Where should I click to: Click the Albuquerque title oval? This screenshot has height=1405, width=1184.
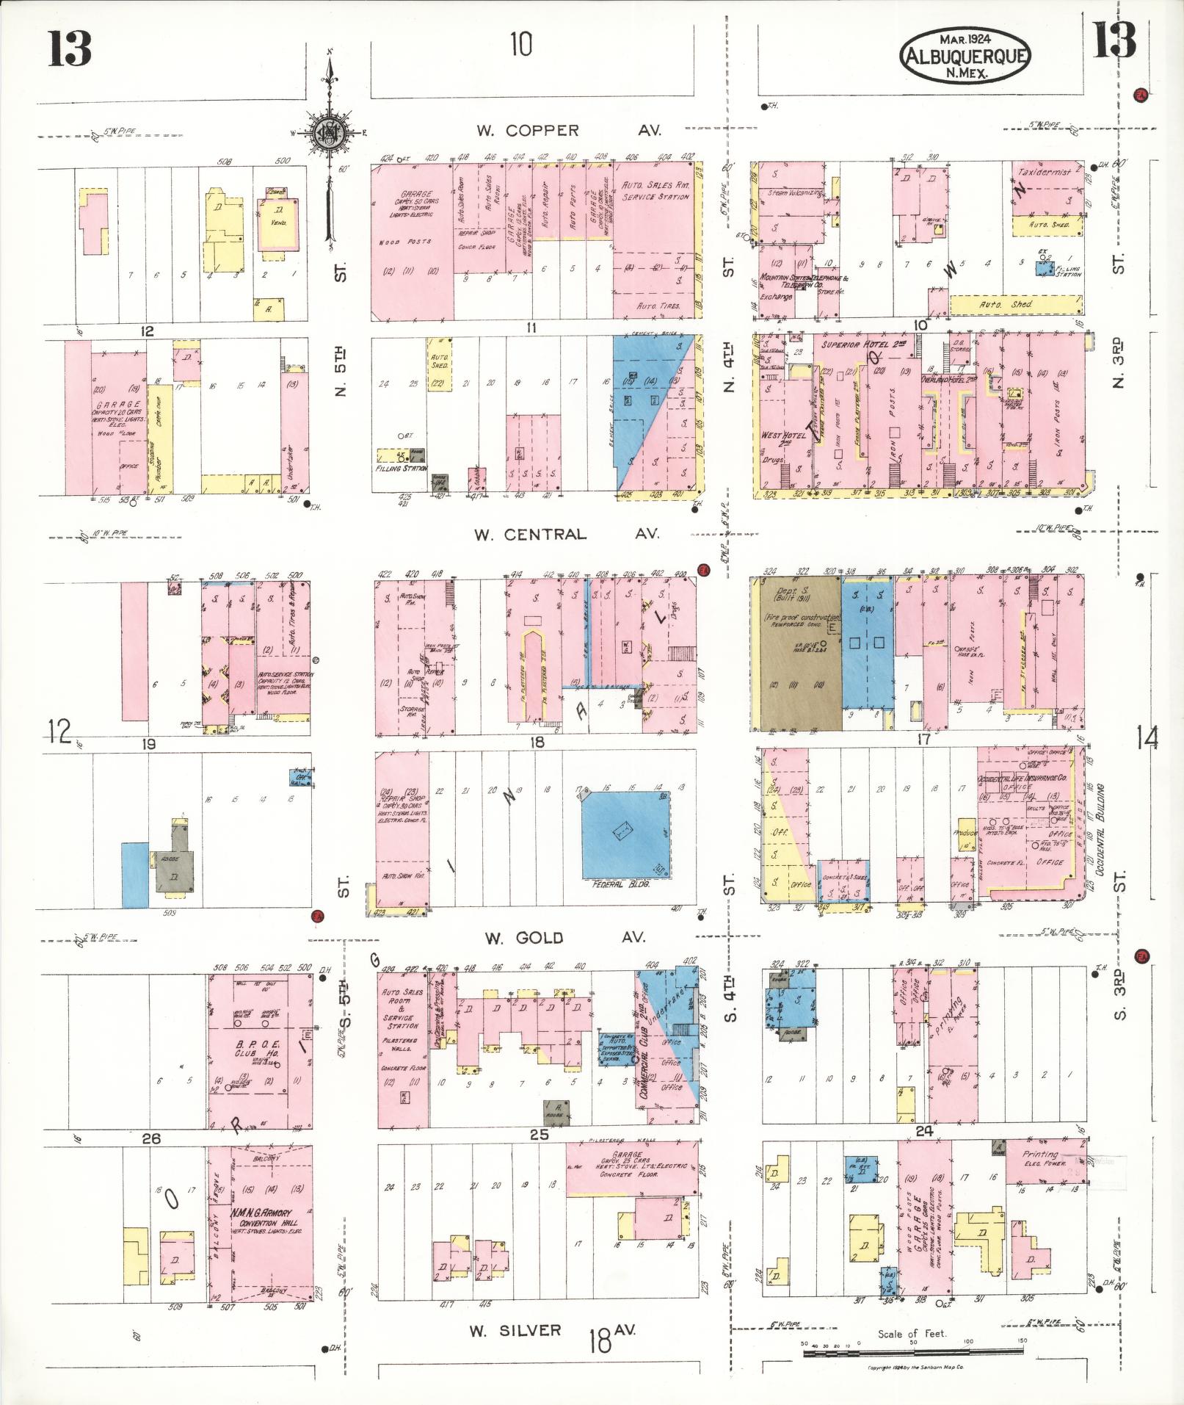click(965, 56)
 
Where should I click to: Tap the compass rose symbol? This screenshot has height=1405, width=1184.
click(332, 134)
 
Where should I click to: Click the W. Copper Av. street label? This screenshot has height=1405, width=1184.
click(568, 131)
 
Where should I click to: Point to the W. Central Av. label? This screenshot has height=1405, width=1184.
click(567, 534)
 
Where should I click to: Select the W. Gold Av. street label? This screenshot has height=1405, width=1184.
click(564, 938)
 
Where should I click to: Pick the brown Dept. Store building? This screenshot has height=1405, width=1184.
click(796, 654)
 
